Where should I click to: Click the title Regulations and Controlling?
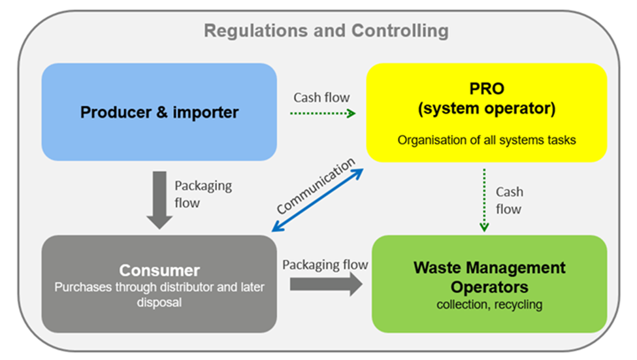(326, 31)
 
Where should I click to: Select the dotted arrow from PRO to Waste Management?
(484, 199)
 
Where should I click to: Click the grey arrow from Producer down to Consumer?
(158, 200)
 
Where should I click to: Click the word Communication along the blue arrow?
(316, 186)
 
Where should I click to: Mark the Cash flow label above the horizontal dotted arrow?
(321, 97)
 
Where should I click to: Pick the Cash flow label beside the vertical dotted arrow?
(509, 201)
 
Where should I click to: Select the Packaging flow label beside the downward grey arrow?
(203, 193)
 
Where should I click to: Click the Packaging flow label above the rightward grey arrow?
(325, 265)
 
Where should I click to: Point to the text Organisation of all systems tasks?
(486, 140)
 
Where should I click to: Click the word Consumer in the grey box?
(159, 270)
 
